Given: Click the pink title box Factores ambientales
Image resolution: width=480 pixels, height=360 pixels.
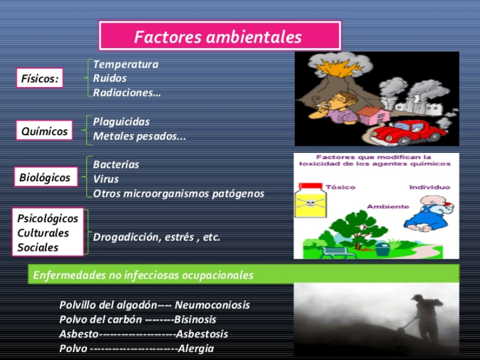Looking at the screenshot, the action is click(x=220, y=36).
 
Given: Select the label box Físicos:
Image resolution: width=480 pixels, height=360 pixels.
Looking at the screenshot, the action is click(x=40, y=78).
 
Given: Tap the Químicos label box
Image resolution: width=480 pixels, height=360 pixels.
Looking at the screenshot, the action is click(x=44, y=130).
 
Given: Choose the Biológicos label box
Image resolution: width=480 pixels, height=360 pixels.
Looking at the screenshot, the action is click(x=46, y=177).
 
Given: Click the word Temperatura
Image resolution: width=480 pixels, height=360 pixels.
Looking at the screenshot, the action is click(x=126, y=64).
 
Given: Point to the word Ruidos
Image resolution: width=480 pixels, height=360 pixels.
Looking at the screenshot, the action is click(x=110, y=79).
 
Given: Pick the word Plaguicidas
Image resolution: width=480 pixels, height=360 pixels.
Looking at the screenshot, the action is click(x=122, y=122).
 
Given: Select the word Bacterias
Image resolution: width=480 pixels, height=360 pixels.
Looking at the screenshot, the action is click(x=116, y=164).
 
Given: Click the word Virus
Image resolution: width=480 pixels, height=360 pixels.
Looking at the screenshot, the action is click(x=106, y=179).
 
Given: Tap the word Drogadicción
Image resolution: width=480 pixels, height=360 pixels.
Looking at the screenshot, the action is click(x=127, y=237).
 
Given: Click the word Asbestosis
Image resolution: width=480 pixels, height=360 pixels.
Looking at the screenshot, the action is click(x=202, y=334).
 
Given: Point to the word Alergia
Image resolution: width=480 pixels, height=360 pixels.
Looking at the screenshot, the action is click(x=196, y=349).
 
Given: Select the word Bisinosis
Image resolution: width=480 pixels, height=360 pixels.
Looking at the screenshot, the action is click(x=196, y=320).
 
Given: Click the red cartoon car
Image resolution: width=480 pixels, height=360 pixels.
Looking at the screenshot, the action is click(x=409, y=132).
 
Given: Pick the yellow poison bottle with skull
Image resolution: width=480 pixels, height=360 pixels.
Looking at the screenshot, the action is click(x=310, y=200).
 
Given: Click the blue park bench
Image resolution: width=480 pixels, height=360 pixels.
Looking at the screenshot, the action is click(x=337, y=252).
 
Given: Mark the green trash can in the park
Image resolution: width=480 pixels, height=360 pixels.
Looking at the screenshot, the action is click(x=383, y=249).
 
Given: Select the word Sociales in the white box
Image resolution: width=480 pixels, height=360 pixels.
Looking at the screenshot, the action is click(x=38, y=247).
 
